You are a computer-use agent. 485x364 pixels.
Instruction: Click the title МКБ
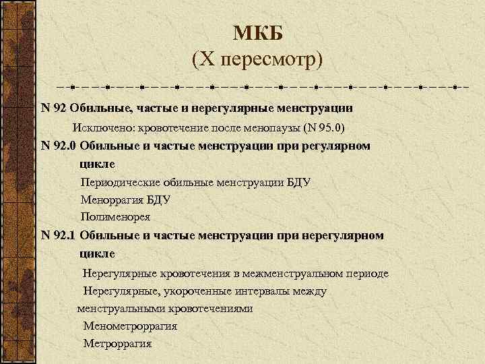pos(258,32)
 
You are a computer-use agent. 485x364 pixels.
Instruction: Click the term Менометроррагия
pos(130,326)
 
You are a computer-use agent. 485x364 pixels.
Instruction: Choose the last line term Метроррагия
pos(117,344)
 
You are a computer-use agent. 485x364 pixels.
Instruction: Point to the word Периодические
pos(117,182)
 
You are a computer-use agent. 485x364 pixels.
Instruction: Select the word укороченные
pos(187,291)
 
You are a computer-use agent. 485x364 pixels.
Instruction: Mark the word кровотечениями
pos(209,309)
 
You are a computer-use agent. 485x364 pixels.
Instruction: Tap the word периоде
pos(366,274)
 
